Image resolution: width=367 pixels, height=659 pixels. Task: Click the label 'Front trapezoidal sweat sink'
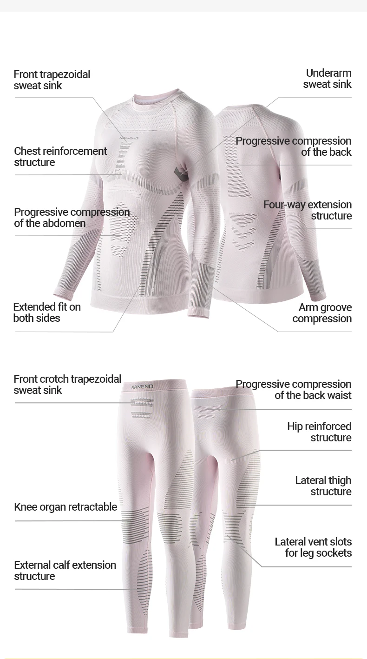pos(52,80)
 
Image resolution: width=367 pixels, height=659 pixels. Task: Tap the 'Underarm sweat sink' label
pos(328,79)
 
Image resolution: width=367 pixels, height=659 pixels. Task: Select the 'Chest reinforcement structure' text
pos(60,157)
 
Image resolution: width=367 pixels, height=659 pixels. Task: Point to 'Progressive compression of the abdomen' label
pos(72,218)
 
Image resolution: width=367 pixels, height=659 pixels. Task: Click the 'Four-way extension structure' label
pos(308,210)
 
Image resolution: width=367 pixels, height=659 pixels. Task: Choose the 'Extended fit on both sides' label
pos(47,313)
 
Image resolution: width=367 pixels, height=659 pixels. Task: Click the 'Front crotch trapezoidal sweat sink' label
pos(67,385)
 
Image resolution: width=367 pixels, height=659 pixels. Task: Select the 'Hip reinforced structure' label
pos(319,432)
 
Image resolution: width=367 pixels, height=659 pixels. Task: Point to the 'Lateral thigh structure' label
pos(323,486)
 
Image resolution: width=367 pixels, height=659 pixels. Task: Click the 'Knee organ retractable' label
pos(66,507)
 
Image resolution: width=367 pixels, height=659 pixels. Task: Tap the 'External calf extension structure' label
pos(65,571)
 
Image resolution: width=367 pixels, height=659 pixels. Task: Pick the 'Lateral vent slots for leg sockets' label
pos(313,547)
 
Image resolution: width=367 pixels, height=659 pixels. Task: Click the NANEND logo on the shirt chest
pos(129,138)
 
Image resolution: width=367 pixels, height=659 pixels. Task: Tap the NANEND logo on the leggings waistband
pos(142,386)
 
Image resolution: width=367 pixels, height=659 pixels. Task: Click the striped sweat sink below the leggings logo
pos(142,407)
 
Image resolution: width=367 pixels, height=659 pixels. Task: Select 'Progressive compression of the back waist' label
pos(293,390)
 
